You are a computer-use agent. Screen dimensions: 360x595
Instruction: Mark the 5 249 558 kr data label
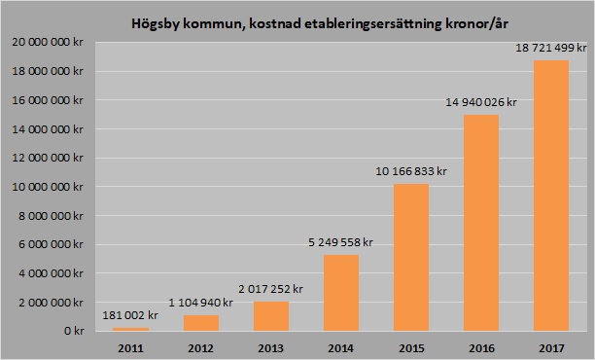tap(340, 241)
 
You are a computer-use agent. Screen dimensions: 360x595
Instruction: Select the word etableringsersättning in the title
tap(357, 21)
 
